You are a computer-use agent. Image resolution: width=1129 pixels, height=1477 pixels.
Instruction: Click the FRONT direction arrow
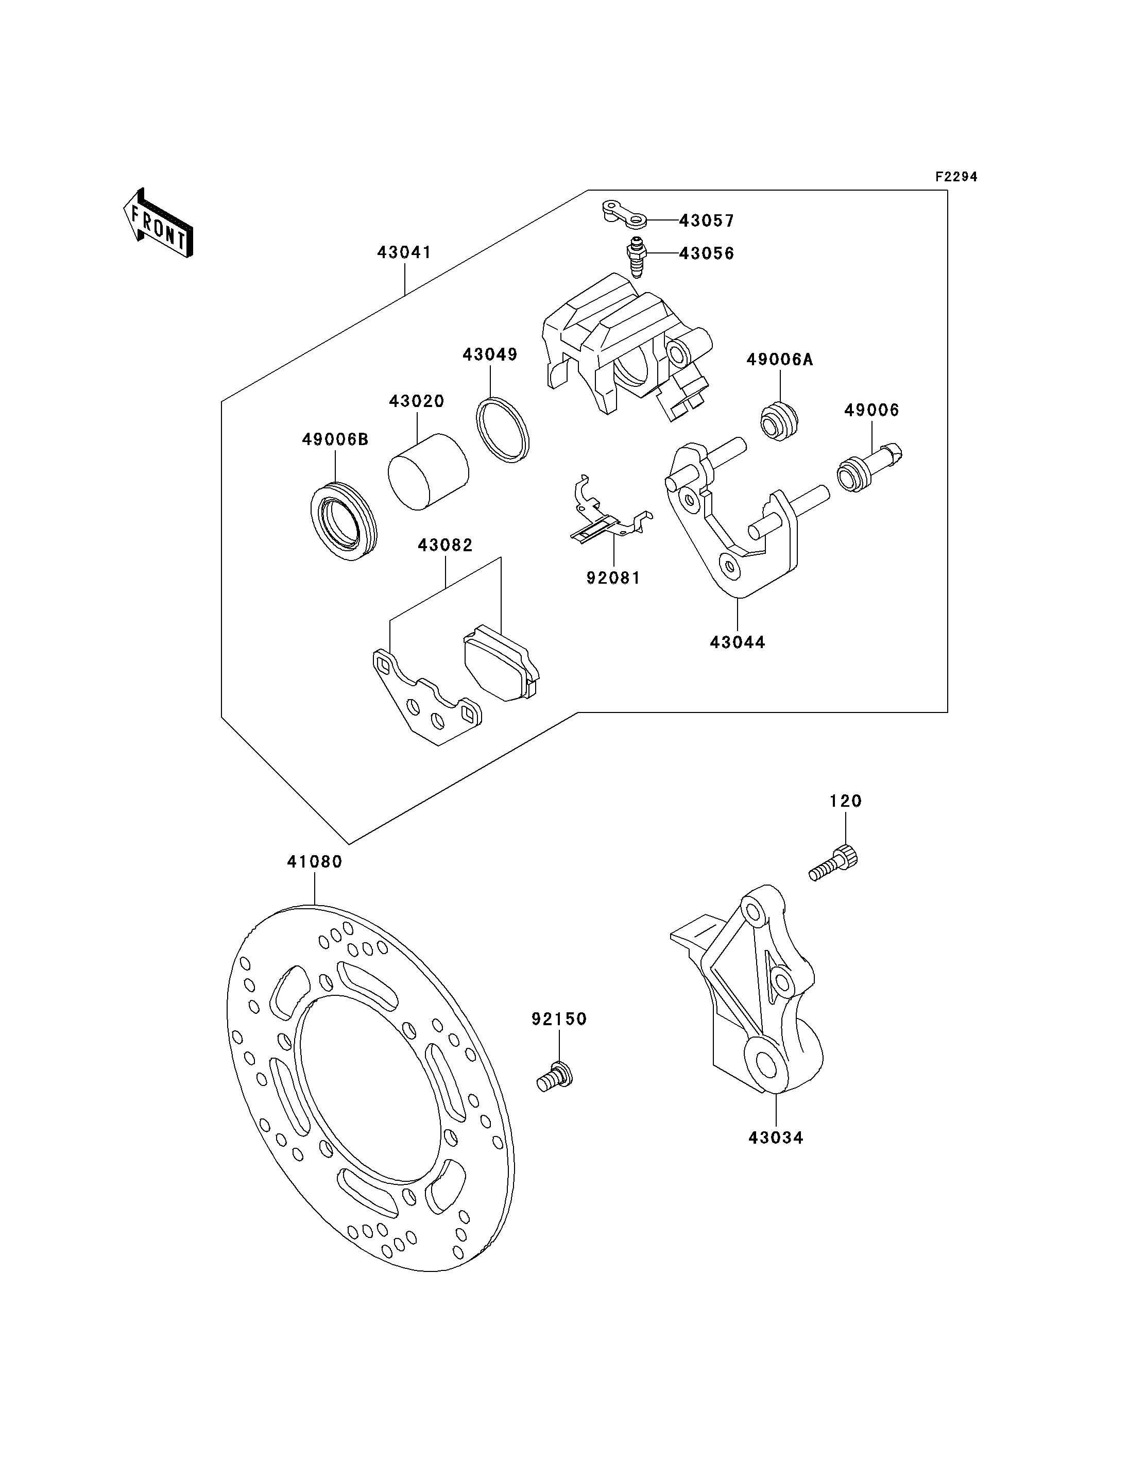click(x=159, y=223)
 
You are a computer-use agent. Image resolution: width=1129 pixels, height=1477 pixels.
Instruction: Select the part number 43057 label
click(x=706, y=220)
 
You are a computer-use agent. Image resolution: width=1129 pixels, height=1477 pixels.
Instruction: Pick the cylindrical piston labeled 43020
click(x=428, y=470)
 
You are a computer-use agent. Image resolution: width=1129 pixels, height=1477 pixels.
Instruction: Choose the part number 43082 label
click(x=446, y=545)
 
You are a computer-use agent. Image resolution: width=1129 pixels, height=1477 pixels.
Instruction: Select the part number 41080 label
click(x=315, y=861)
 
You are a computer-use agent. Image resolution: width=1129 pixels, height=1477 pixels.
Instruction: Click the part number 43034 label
click(x=776, y=1138)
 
